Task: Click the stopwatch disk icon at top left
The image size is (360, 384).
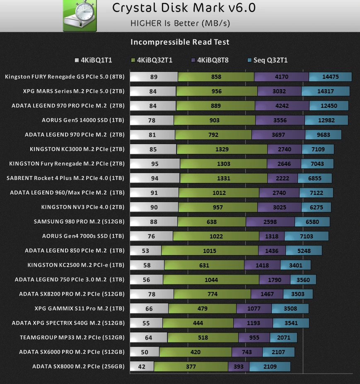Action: click(x=80, y=15)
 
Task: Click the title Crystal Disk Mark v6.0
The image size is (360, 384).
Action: click(x=184, y=8)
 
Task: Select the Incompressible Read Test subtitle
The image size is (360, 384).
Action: click(x=180, y=42)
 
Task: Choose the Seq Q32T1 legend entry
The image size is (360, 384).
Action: click(x=268, y=60)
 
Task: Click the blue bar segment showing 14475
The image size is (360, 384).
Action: click(x=330, y=77)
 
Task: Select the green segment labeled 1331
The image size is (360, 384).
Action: click(x=224, y=178)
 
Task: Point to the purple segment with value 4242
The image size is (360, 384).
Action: click(x=282, y=106)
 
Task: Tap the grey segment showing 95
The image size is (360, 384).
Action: click(x=155, y=164)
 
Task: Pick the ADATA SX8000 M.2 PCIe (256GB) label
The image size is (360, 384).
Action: click(x=78, y=367)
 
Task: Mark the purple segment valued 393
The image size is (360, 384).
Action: click(x=239, y=367)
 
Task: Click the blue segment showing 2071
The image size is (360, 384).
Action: click(x=284, y=338)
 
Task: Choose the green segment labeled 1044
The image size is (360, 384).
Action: click(x=211, y=279)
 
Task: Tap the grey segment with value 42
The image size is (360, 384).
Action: click(x=142, y=367)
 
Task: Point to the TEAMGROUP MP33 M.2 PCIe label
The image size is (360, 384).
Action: click(x=72, y=338)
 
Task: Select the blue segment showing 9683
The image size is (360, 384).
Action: click(x=323, y=135)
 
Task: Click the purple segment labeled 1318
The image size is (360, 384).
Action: click(x=272, y=236)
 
